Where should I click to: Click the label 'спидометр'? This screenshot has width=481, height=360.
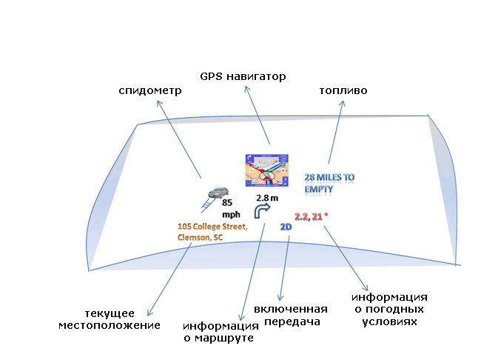coord(150,90)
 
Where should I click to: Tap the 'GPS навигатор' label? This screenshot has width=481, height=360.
coord(243,76)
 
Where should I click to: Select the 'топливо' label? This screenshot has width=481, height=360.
coord(343,90)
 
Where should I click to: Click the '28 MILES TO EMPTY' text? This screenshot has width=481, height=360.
coord(329,183)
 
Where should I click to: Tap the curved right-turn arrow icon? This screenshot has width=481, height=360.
coord(262,213)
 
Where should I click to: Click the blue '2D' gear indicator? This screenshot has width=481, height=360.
coord(286,227)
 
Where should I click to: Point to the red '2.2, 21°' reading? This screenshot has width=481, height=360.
coord(312,216)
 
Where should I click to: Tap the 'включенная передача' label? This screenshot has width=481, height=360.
coord(290,315)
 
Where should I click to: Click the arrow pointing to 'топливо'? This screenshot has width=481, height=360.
coord(334,134)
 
